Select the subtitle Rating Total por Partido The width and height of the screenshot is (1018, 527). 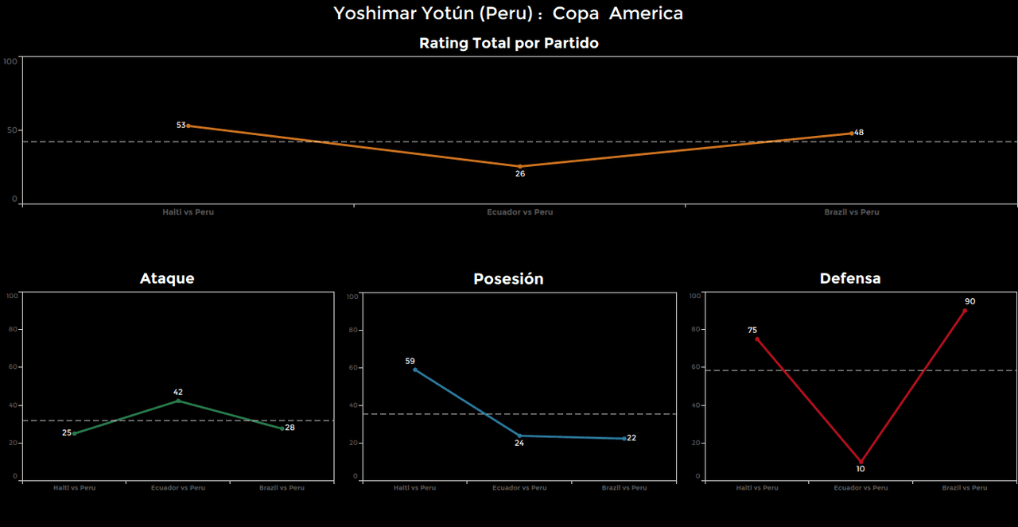coord(508,44)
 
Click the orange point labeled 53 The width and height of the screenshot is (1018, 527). coord(188,126)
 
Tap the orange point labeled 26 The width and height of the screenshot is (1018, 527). coord(520,167)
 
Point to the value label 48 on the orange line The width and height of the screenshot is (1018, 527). coord(859,133)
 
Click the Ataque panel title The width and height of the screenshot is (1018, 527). coord(167,279)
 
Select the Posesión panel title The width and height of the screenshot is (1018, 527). coord(508,279)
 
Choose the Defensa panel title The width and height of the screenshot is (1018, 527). coord(850,279)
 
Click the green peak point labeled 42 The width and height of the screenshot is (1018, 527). coord(178,400)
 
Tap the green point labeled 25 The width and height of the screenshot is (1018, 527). coord(75,433)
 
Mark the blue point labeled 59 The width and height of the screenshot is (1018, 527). coord(415,370)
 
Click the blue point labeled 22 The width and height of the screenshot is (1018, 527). coord(624,438)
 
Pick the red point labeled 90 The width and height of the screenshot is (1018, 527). coord(965,310)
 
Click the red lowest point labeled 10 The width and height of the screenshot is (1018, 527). coord(861,461)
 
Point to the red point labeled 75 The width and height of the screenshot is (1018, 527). coord(757,339)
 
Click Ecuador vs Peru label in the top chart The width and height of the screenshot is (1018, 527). coord(520,212)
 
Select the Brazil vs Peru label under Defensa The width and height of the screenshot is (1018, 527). coord(965,488)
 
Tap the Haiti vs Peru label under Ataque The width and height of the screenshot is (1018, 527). coord(75,488)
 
